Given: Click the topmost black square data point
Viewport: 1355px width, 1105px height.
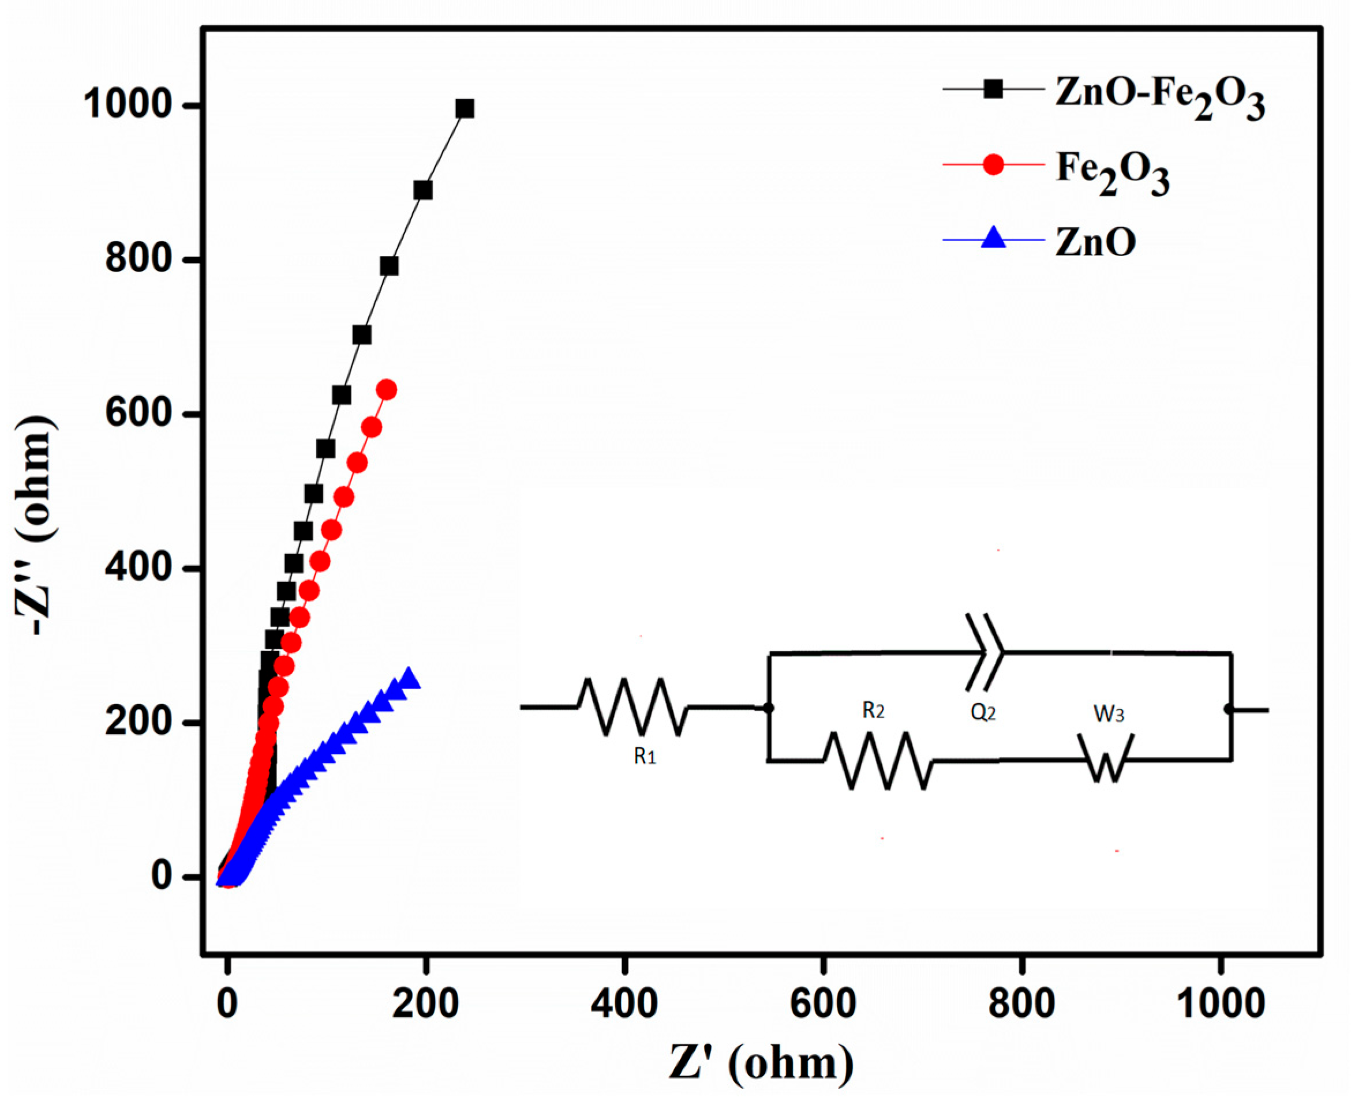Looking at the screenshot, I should [465, 109].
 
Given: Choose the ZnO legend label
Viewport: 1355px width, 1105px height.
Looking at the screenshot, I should [1095, 243].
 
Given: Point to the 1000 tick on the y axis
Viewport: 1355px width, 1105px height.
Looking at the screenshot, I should [128, 106].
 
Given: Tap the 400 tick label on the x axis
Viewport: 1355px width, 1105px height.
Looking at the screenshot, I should [624, 1004].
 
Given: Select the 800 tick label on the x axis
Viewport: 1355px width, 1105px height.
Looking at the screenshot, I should [1021, 1004].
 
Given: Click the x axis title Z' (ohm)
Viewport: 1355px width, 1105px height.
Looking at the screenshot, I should [761, 1063].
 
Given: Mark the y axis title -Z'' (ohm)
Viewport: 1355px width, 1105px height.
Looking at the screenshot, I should [35, 525].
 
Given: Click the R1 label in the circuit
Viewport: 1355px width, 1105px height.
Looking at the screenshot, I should [645, 756].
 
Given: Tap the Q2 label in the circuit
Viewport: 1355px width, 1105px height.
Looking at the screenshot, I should [983, 712].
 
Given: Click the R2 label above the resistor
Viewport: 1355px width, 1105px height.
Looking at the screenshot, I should [873, 711].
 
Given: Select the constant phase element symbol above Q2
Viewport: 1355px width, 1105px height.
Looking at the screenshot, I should [985, 652].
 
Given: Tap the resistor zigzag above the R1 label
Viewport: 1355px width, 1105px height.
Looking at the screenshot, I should [633, 707].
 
